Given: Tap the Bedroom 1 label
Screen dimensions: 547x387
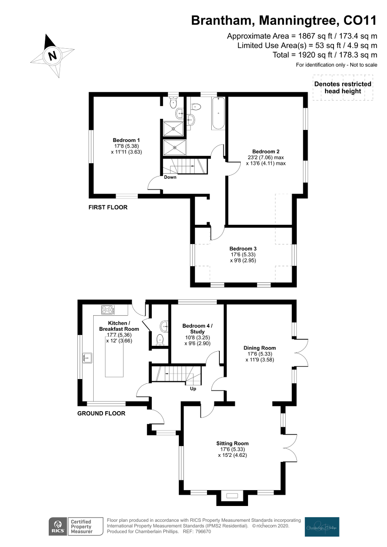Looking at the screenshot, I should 126,140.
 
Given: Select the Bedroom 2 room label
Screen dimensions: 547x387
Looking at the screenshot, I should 266,152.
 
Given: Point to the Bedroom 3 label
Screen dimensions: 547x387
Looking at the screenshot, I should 243,249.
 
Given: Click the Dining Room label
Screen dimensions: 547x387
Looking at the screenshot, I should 260,348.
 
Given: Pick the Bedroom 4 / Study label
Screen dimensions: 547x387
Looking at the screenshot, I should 197,329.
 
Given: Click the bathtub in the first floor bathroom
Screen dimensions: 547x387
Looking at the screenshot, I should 218,114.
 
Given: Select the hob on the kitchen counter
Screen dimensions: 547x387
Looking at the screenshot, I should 107,309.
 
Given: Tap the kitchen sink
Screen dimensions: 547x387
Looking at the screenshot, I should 88,358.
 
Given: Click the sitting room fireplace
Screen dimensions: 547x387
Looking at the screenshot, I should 232,496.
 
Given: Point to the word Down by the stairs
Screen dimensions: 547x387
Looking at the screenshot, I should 170,177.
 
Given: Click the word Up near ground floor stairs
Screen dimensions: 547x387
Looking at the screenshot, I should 193,389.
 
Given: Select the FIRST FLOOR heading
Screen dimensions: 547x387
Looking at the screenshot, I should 108,207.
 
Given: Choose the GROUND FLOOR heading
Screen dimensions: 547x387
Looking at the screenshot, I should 101,413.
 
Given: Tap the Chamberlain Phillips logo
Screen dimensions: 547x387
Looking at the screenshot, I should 322,526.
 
